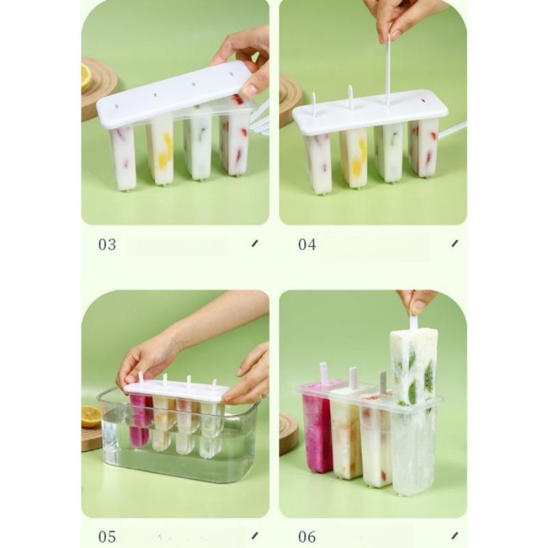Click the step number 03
pos(107,245)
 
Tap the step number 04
pos(307,245)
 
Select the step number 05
pos(107,536)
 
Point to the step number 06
pos(307,536)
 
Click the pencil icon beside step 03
pos(255,243)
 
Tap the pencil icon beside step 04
pos(455,243)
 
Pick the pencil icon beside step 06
pos(455,536)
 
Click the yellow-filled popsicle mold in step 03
pos(161,153)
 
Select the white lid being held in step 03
pos(175,95)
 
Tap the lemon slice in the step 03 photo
pos(86,76)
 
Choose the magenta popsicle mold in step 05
pos(140,423)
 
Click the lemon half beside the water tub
pos(91,416)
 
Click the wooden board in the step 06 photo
pos(288,434)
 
